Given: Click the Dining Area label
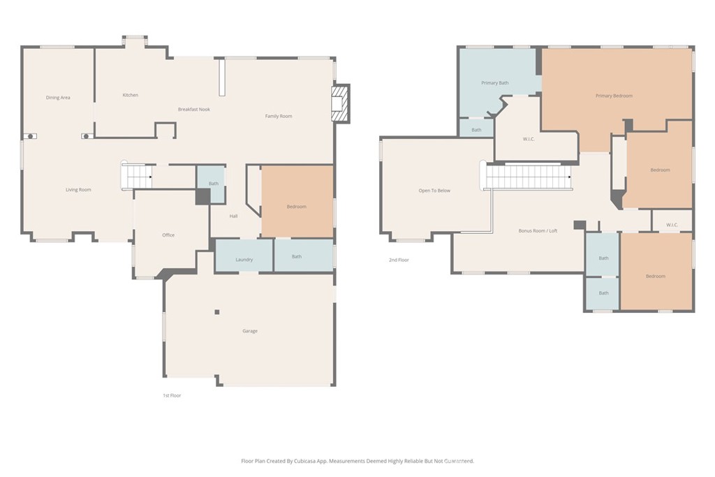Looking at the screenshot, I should (x=58, y=98).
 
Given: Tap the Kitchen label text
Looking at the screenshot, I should (x=130, y=95).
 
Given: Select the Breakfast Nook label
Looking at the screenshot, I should (x=193, y=109).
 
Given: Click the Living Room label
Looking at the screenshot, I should (x=78, y=190).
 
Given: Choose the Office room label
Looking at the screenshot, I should (x=168, y=235).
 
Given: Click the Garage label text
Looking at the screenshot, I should (x=249, y=331).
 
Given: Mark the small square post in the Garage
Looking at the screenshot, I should (x=217, y=311).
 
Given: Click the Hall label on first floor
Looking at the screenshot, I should (x=233, y=217).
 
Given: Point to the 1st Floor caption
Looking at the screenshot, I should (x=172, y=395).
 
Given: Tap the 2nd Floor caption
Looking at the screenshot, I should (x=399, y=260).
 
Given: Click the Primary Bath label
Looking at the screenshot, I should (x=494, y=83).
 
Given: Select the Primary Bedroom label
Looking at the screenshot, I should (x=614, y=96).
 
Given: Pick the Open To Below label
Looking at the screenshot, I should (x=434, y=191).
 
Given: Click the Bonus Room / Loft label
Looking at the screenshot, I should (x=537, y=231).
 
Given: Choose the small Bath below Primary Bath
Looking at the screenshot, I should (x=476, y=130).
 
